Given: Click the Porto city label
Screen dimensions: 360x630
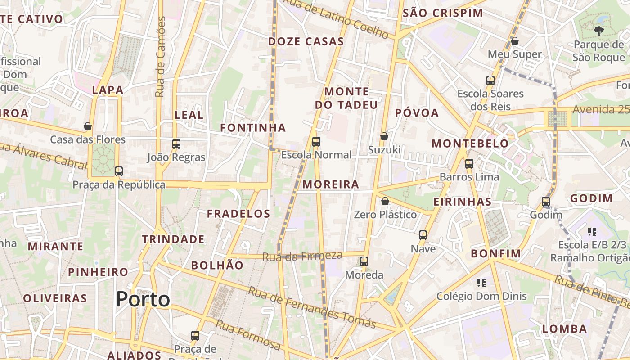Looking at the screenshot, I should click(143, 300).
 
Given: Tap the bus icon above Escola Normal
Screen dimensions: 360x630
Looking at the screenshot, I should click(316, 142).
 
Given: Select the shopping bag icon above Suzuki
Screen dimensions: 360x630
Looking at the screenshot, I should click(384, 136).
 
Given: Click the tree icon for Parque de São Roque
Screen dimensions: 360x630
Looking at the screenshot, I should click(598, 31).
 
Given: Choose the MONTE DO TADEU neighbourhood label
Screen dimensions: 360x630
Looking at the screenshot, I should click(346, 99).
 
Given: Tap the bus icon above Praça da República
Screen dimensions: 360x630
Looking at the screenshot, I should click(119, 171).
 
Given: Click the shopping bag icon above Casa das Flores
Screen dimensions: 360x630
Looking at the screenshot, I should click(88, 126).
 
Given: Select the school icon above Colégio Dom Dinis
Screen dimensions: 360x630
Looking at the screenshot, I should click(481, 283).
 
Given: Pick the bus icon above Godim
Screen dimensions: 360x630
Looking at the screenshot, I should click(546, 202).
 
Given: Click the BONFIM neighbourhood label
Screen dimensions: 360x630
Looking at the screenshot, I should click(496, 254).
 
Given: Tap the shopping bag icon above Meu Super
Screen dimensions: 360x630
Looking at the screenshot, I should click(515, 41).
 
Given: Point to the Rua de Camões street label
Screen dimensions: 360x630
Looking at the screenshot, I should click(160, 57).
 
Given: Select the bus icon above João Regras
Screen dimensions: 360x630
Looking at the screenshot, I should click(176, 144).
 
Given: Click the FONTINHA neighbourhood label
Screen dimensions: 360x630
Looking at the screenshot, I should click(253, 128).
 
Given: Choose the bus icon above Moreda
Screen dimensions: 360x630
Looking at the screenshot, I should click(364, 261).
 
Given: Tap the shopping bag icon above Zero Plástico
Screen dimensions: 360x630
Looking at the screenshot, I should click(385, 201).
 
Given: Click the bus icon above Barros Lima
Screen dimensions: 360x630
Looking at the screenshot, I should click(469, 164).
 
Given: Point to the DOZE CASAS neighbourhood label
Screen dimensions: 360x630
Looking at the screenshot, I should click(306, 42).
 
